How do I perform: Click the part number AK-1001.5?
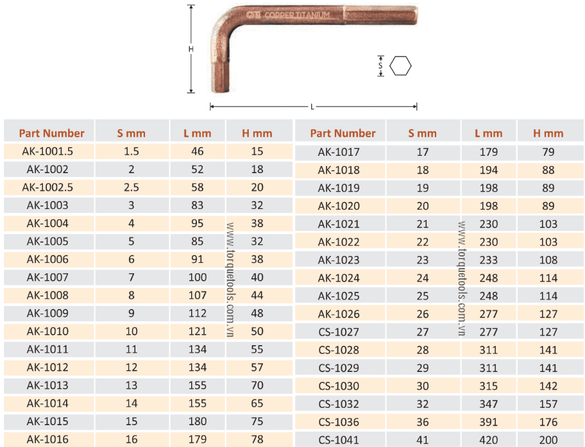coord(47,151)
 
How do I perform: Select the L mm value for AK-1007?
coord(198,278)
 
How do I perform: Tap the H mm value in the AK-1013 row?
coord(257,385)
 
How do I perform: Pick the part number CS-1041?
coord(339,441)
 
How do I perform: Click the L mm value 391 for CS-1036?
coord(488,422)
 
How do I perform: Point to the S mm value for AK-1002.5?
coord(131,187)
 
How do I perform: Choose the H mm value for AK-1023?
coord(548,260)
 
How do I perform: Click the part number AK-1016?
coord(47,439)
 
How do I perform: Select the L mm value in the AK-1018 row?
coord(488,170)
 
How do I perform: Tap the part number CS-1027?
coord(339,332)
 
